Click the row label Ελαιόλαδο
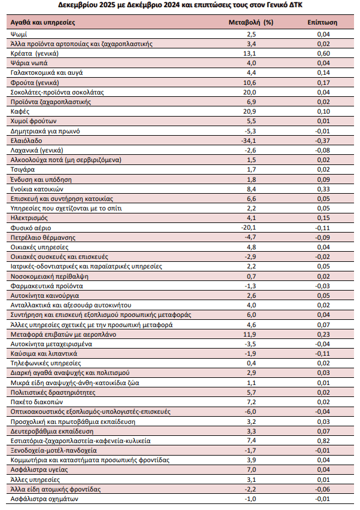tap(26, 140)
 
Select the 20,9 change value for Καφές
tap(251, 111)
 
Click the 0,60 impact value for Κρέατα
tap(322, 53)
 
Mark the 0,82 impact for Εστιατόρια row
tap(322, 441)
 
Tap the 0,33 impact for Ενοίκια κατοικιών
tap(322, 189)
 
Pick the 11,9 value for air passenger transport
tap(251, 334)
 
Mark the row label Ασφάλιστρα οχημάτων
tap(45, 499)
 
